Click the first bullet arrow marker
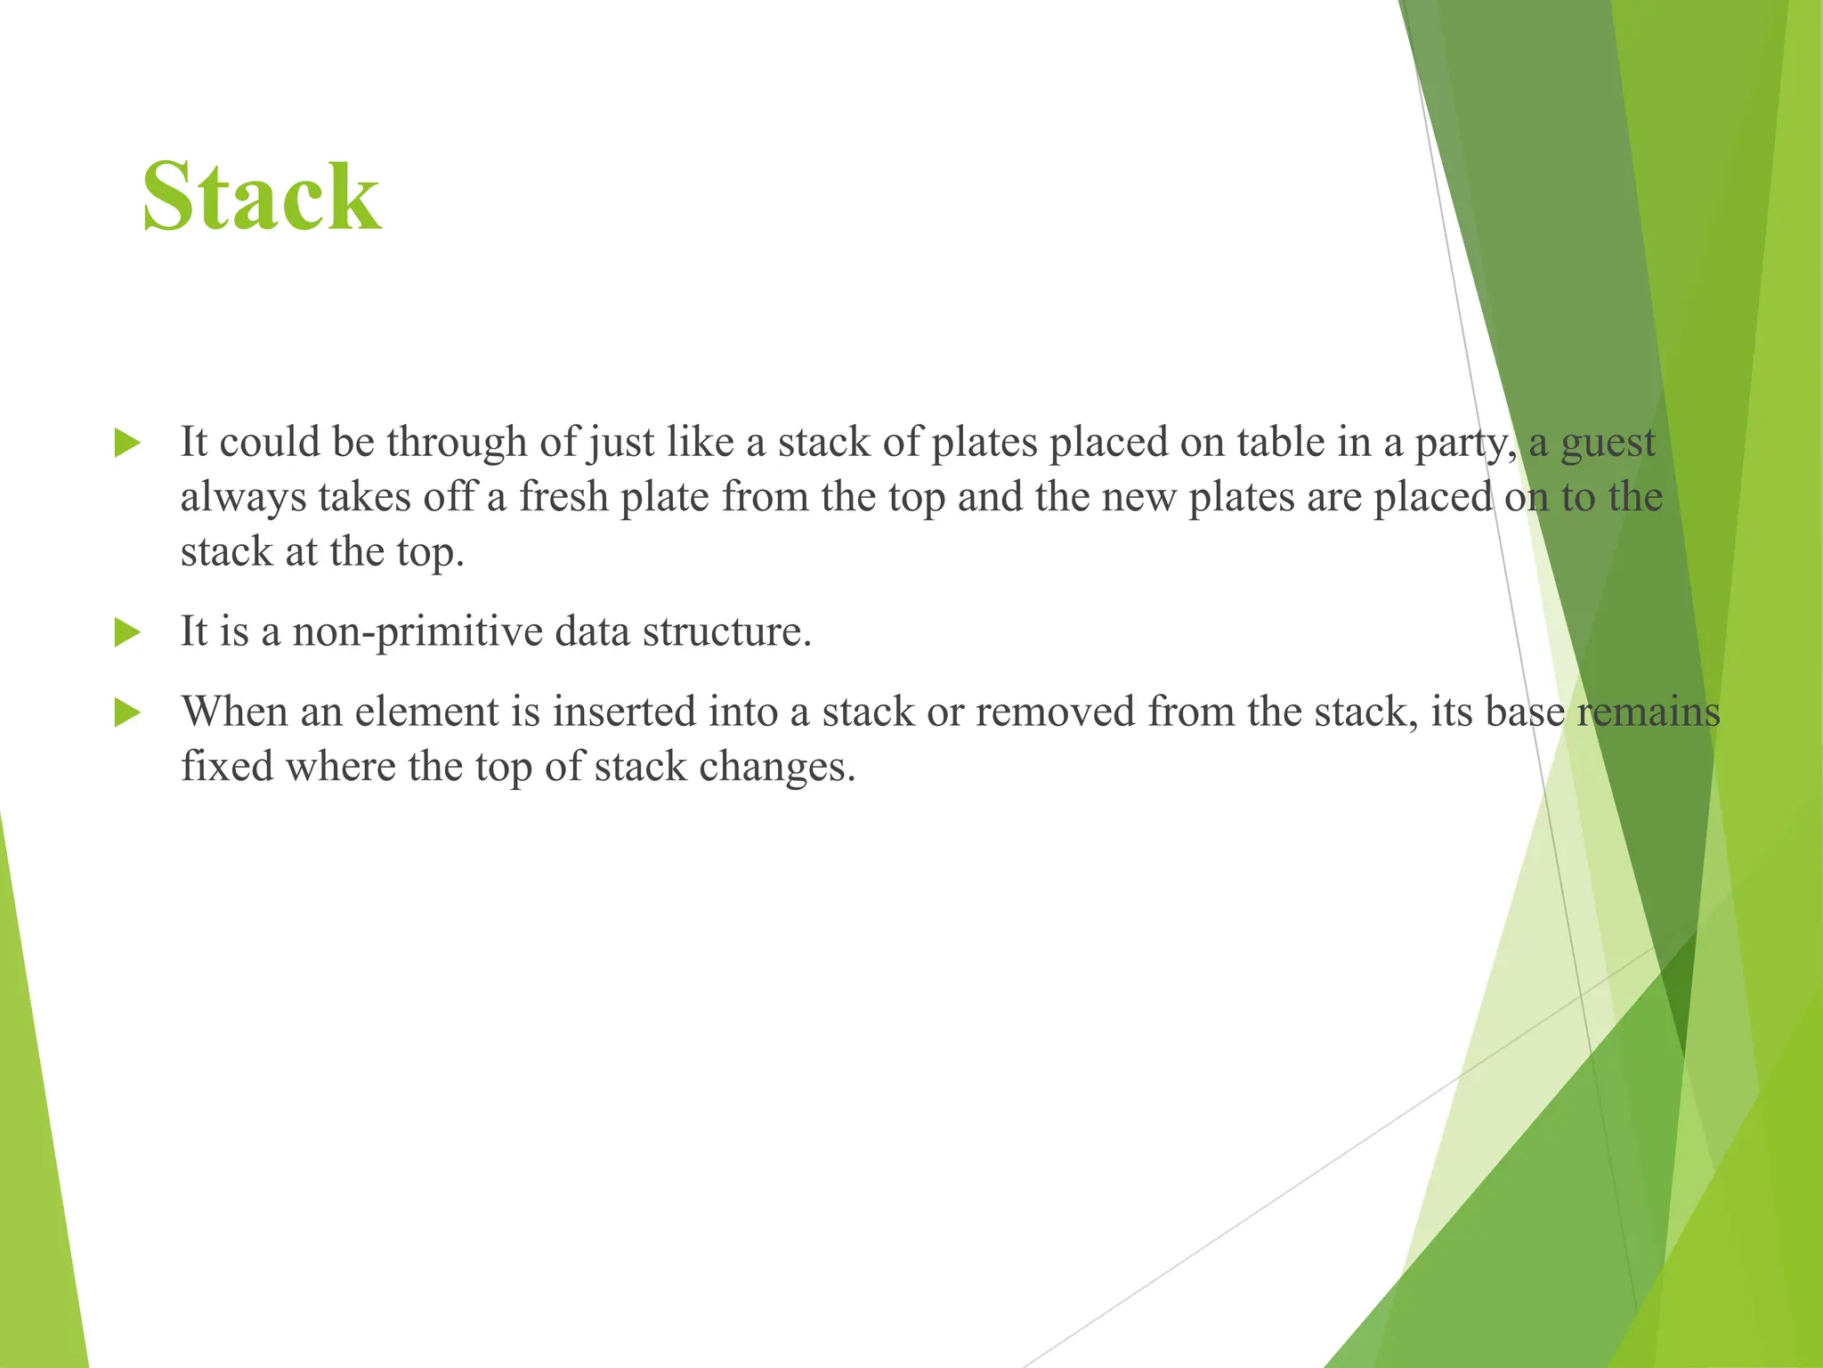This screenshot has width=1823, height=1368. [127, 443]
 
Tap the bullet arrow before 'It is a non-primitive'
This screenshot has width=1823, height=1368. [127, 633]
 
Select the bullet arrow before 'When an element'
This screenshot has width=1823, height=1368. [127, 712]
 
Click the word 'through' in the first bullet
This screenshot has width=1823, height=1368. [457, 443]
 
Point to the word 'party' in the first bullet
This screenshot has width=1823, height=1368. [1465, 443]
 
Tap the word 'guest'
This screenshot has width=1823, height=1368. [1608, 443]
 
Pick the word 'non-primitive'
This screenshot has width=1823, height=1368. [417, 632]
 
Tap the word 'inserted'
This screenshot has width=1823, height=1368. [624, 712]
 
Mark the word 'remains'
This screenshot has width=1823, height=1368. [1649, 712]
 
